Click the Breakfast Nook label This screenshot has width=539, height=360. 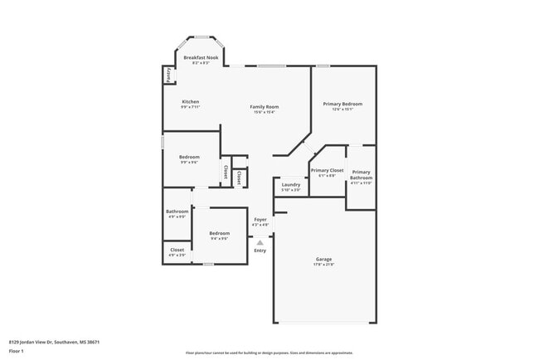tap(201, 57)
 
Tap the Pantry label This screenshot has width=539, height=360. tap(168, 74)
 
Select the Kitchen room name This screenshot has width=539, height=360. tap(190, 102)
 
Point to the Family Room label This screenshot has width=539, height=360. tap(265, 107)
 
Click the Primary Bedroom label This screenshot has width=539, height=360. tap(343, 104)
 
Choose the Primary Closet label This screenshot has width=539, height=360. tap(327, 170)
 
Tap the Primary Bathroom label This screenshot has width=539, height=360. tap(361, 175)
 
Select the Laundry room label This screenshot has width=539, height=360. tap(291, 185)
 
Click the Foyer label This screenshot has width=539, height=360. tap(260, 219)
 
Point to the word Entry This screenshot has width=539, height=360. tap(260, 250)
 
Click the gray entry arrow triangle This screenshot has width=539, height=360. tap(260, 242)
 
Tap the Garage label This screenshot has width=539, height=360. tap(323, 259)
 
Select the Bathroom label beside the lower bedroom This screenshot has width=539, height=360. tap(177, 212)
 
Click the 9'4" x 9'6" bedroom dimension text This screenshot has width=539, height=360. tap(219, 238)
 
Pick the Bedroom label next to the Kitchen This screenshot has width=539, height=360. tap(189, 157)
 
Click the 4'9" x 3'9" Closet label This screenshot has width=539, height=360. tap(177, 250)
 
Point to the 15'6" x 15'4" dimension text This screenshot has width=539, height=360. tap(265, 113)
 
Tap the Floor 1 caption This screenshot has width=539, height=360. tap(16, 352)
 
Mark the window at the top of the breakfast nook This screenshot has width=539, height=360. tap(201, 36)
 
